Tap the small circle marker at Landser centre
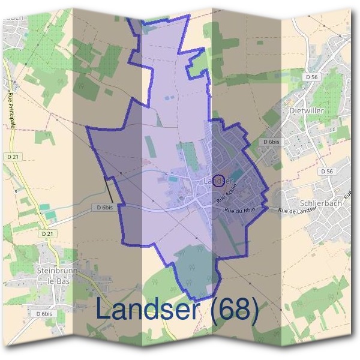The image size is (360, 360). coord(219,180)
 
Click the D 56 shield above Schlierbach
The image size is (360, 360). coord(327,171)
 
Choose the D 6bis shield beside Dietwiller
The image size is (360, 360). coord(272,142)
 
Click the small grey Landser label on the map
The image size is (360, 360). coord(213,181)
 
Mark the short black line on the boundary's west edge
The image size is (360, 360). coord(110,191)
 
